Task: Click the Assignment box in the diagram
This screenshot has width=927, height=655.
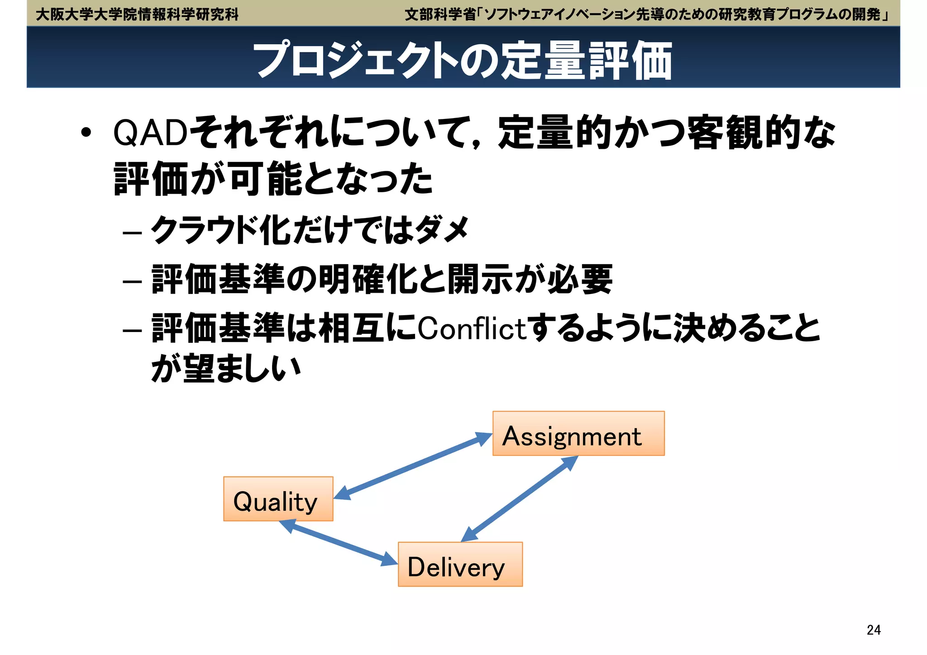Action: tap(578, 433)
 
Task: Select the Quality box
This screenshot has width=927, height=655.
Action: tap(278, 499)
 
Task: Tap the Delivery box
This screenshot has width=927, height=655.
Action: tap(460, 565)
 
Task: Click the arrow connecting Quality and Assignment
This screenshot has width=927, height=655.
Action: tap(413, 466)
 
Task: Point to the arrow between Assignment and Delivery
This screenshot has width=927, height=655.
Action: tap(520, 499)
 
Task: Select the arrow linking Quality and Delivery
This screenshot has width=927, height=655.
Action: tap(338, 542)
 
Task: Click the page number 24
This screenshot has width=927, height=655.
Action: tap(873, 630)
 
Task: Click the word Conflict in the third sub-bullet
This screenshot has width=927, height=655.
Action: tap(472, 329)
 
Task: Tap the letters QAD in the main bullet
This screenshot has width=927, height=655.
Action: tap(150, 133)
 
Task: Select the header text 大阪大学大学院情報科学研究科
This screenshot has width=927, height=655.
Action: tap(137, 14)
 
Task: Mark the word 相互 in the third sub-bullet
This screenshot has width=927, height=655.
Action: tap(351, 328)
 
